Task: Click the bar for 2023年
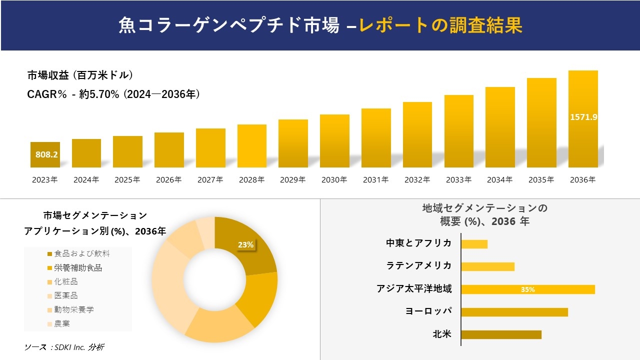click(x=45, y=154)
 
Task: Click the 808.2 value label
click(x=46, y=154)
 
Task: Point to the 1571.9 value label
click(x=583, y=117)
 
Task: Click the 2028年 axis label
click(x=251, y=180)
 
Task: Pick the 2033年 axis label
click(x=458, y=180)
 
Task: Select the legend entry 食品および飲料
click(x=81, y=253)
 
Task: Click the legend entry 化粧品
click(x=66, y=281)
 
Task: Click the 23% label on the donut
click(x=245, y=245)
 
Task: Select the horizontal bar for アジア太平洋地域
click(x=527, y=289)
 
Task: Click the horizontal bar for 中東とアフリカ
click(x=474, y=244)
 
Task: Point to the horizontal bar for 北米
click(x=501, y=334)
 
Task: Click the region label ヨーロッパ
click(x=428, y=311)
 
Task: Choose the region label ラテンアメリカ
click(x=419, y=265)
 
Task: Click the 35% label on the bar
click(x=527, y=289)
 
